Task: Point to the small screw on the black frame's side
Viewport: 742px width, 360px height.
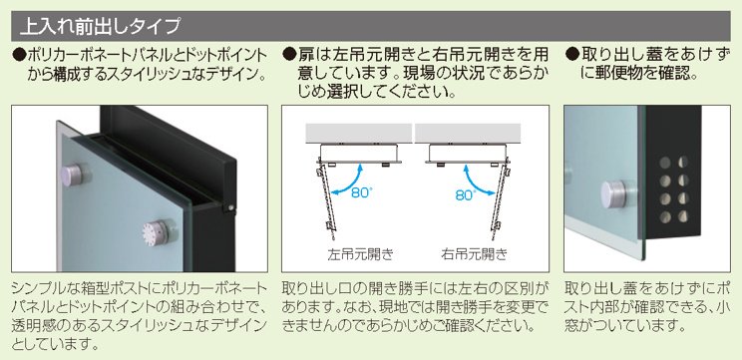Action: [228, 210]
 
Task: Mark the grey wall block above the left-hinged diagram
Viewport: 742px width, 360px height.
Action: [357, 133]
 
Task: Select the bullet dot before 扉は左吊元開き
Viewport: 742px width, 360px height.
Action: [288, 54]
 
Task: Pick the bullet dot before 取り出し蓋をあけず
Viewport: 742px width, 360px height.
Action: [571, 54]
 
